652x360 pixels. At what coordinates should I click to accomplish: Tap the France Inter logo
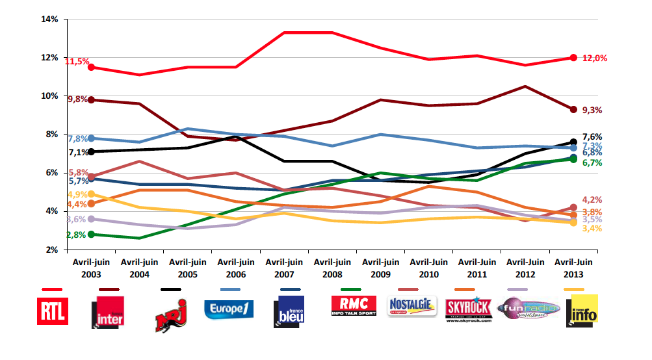tap(108, 313)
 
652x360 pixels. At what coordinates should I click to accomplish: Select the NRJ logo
tap(170, 315)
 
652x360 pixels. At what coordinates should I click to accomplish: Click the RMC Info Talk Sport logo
tap(354, 305)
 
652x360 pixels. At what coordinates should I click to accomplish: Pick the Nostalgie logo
tap(411, 306)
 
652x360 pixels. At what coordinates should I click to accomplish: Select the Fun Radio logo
tap(528, 307)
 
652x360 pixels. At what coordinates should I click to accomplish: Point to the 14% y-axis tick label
tap(49, 19)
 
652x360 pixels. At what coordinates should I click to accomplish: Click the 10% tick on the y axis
tap(49, 96)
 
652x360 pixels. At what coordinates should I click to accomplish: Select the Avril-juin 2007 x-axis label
tap(284, 268)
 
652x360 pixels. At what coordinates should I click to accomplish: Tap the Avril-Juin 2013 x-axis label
tap(573, 268)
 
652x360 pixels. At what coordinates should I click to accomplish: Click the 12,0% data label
tap(595, 58)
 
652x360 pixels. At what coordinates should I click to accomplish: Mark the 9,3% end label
tap(592, 110)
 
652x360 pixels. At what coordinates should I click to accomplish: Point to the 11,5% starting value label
tap(77, 61)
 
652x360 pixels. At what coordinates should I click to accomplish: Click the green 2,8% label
tap(76, 235)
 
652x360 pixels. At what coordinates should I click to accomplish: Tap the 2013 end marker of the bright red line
tap(573, 58)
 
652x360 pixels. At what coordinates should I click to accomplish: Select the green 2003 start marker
tap(92, 235)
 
